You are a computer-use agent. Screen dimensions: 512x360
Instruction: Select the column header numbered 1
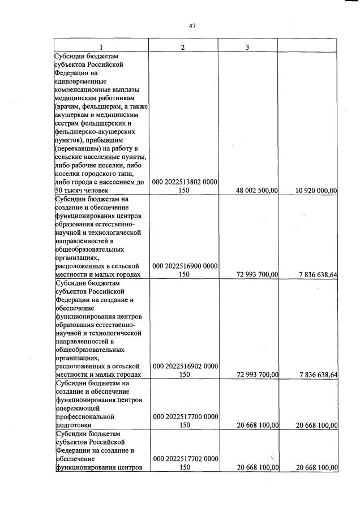101,47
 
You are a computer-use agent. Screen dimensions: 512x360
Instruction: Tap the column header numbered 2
183,47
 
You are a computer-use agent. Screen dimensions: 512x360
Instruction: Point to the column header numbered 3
247,47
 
